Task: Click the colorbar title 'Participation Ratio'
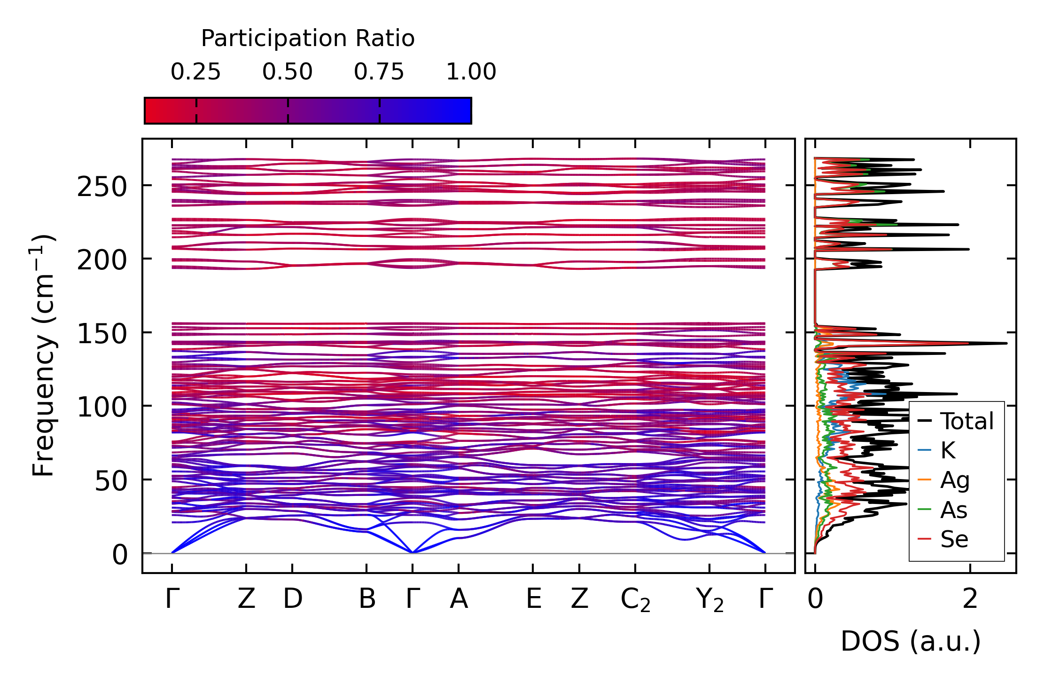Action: point(308,39)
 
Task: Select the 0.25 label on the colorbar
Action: point(195,72)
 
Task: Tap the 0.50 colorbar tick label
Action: point(287,72)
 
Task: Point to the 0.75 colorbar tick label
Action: point(379,72)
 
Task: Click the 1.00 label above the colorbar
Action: point(471,72)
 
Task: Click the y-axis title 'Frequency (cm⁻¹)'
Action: point(44,355)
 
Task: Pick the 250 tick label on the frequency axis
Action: point(102,187)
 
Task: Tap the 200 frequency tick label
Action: point(102,260)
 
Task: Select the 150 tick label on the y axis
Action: point(102,334)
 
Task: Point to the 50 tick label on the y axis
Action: point(111,481)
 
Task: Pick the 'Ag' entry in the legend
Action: point(954,480)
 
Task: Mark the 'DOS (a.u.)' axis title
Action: point(911,642)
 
